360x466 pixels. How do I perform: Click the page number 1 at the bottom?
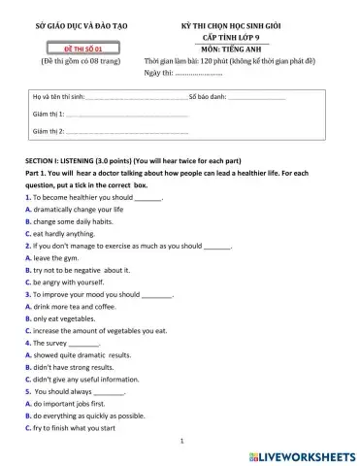coord(182,441)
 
